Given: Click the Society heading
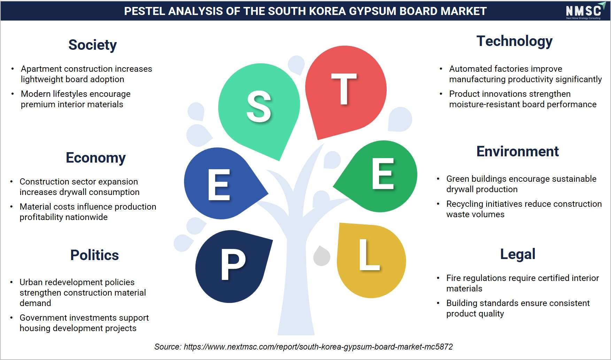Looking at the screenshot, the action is click(92, 45).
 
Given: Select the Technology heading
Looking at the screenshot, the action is click(514, 41).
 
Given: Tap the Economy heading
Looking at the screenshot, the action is click(95, 158).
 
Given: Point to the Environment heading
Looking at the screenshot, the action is click(517, 151).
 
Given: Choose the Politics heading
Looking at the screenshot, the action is click(94, 255).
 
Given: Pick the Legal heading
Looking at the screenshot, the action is click(518, 255).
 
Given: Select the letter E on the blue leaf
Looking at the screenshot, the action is click(219, 185).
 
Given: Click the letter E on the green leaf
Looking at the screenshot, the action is click(383, 174).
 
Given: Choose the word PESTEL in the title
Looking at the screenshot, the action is click(144, 11).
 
